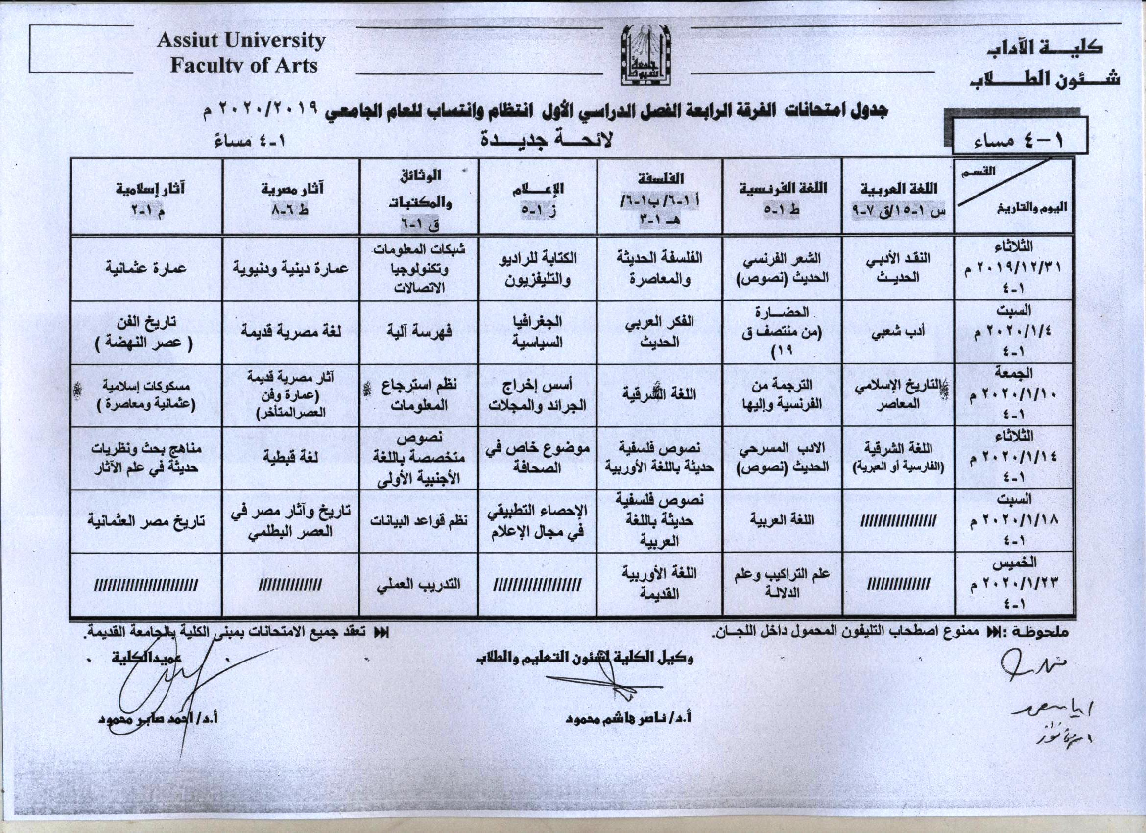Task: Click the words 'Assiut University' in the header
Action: [x=241, y=41]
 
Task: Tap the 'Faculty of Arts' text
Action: [x=244, y=66]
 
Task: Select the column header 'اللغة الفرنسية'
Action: [x=783, y=188]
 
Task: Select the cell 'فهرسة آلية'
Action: [x=419, y=332]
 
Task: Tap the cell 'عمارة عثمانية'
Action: [x=146, y=268]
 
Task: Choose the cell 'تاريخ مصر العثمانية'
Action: [x=146, y=520]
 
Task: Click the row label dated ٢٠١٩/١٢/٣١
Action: [x=1014, y=268]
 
